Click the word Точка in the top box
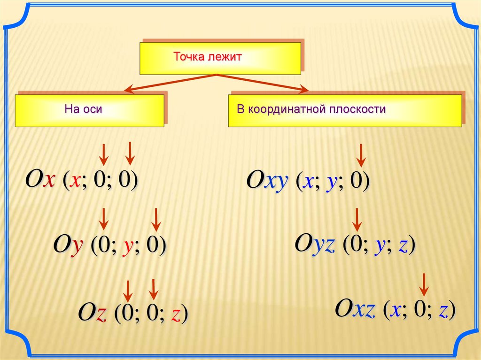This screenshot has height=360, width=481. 188,58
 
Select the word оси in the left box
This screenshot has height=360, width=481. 93,110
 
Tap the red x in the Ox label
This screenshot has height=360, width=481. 49,179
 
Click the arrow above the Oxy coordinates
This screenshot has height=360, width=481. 360,155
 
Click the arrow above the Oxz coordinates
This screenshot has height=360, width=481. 424,284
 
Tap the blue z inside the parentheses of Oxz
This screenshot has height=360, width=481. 442,310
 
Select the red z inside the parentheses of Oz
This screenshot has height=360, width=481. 175,314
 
